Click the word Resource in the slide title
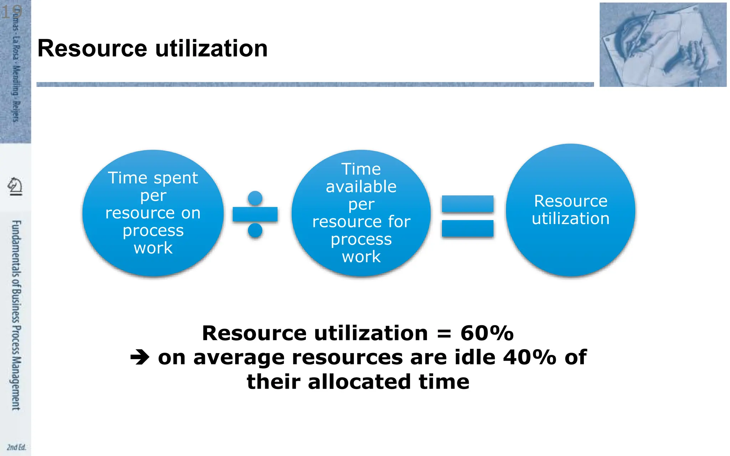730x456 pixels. (92, 48)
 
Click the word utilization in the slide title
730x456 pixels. (211, 48)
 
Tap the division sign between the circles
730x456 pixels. (255, 214)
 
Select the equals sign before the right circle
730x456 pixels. (467, 216)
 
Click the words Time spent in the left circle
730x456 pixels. (153, 178)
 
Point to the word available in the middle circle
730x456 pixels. (361, 187)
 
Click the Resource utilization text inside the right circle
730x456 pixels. (570, 210)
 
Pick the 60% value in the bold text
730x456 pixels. (487, 333)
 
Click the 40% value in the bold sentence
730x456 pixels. (529, 357)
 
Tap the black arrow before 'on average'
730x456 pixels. (140, 357)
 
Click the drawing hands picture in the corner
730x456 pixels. (663, 45)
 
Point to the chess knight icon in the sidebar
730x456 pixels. (15, 186)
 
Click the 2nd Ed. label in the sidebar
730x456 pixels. (16, 447)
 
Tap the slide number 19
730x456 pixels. (11, 12)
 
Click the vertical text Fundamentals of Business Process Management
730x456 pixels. (16, 315)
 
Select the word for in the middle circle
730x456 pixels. (399, 222)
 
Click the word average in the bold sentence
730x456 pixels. (239, 357)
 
